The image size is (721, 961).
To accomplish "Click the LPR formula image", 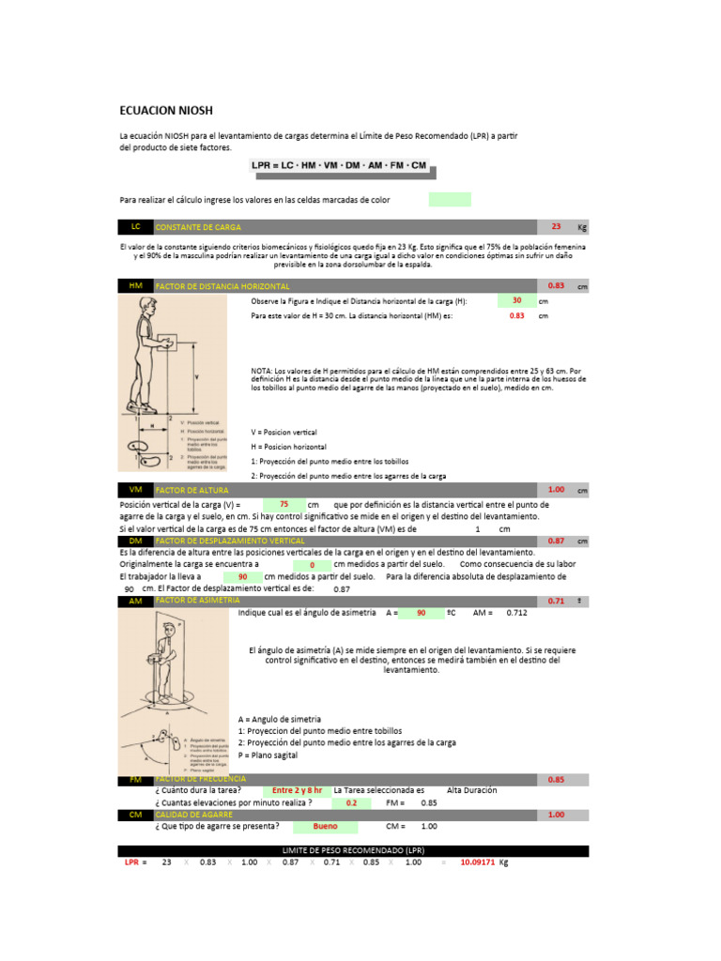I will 339,166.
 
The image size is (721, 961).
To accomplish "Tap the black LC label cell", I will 135,227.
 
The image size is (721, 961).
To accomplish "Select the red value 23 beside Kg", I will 556,227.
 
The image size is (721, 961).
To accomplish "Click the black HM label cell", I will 135,285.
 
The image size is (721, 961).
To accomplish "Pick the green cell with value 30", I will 516,300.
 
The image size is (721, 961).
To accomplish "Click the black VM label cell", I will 135,490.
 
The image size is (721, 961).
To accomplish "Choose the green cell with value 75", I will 284,504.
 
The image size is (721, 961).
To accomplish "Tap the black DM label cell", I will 135,542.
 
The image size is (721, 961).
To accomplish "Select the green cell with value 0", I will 312,566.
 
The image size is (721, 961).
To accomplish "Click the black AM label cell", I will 135,601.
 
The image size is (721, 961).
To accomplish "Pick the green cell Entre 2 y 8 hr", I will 297,790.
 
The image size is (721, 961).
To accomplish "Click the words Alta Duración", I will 472,790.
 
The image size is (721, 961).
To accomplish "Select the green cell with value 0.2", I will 352,803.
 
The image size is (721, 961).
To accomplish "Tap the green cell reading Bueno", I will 326,827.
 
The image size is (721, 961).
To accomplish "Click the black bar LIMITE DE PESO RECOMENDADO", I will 353,850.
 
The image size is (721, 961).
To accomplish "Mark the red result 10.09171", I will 478,862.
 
